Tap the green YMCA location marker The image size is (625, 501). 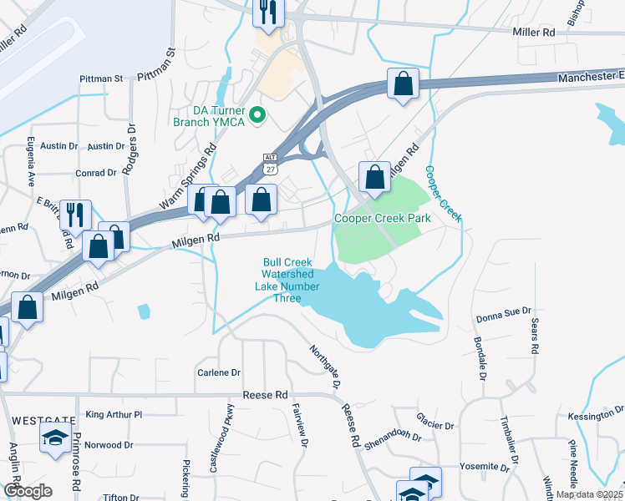point(257,114)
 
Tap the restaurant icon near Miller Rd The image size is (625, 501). point(269,11)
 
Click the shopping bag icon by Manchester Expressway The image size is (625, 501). point(403,83)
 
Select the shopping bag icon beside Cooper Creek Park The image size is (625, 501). point(374,176)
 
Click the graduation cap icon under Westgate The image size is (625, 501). point(55,438)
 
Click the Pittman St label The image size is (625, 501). point(101,78)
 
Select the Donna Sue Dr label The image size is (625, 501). point(504,318)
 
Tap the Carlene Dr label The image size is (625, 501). point(219,372)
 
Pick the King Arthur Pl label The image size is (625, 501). point(114,414)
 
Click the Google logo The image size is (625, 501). point(28,491)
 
